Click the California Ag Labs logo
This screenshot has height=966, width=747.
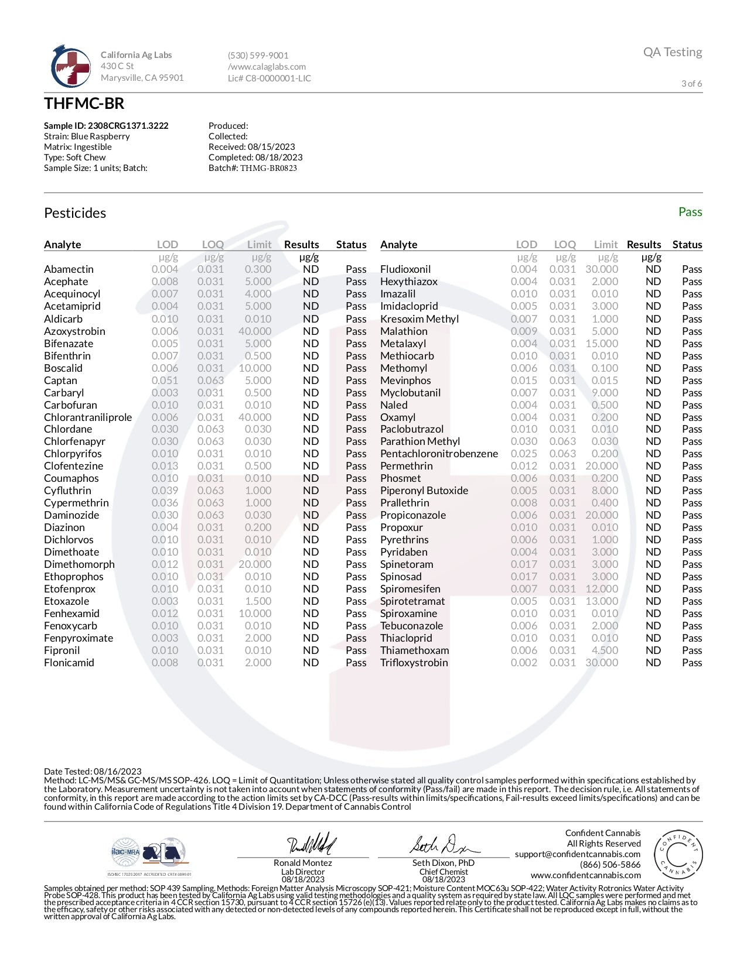tap(70, 66)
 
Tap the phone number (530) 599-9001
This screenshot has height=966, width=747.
tap(258, 56)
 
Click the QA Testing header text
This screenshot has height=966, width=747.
tap(672, 52)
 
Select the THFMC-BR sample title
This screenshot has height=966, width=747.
tap(84, 104)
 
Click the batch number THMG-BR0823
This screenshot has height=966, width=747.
tap(268, 168)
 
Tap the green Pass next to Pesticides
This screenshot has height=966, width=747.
tap(690, 212)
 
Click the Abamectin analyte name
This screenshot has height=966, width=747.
tap(69, 269)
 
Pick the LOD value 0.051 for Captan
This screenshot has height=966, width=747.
tap(165, 381)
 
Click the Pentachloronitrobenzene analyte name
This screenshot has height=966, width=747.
tap(439, 454)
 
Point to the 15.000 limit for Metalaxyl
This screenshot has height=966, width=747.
tap(602, 344)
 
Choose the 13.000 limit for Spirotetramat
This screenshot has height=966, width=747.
tap(602, 601)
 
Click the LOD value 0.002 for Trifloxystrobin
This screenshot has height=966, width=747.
tap(524, 663)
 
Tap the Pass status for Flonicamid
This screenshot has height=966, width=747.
tap(356, 663)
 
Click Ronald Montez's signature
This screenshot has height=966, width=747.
tap(311, 844)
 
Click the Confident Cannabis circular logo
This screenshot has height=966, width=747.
tap(678, 855)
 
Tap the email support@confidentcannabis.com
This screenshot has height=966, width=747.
tap(578, 854)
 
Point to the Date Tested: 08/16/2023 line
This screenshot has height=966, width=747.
tap(93, 772)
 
